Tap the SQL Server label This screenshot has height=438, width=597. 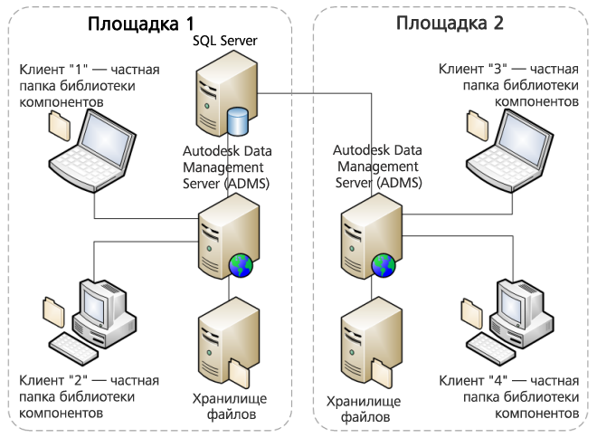pos(225,41)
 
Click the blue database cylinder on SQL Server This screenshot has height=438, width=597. pos(237,119)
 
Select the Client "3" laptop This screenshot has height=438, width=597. pos(510,146)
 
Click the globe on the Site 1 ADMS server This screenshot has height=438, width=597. pos(242,264)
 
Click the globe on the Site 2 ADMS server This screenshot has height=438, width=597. pos(383,264)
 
